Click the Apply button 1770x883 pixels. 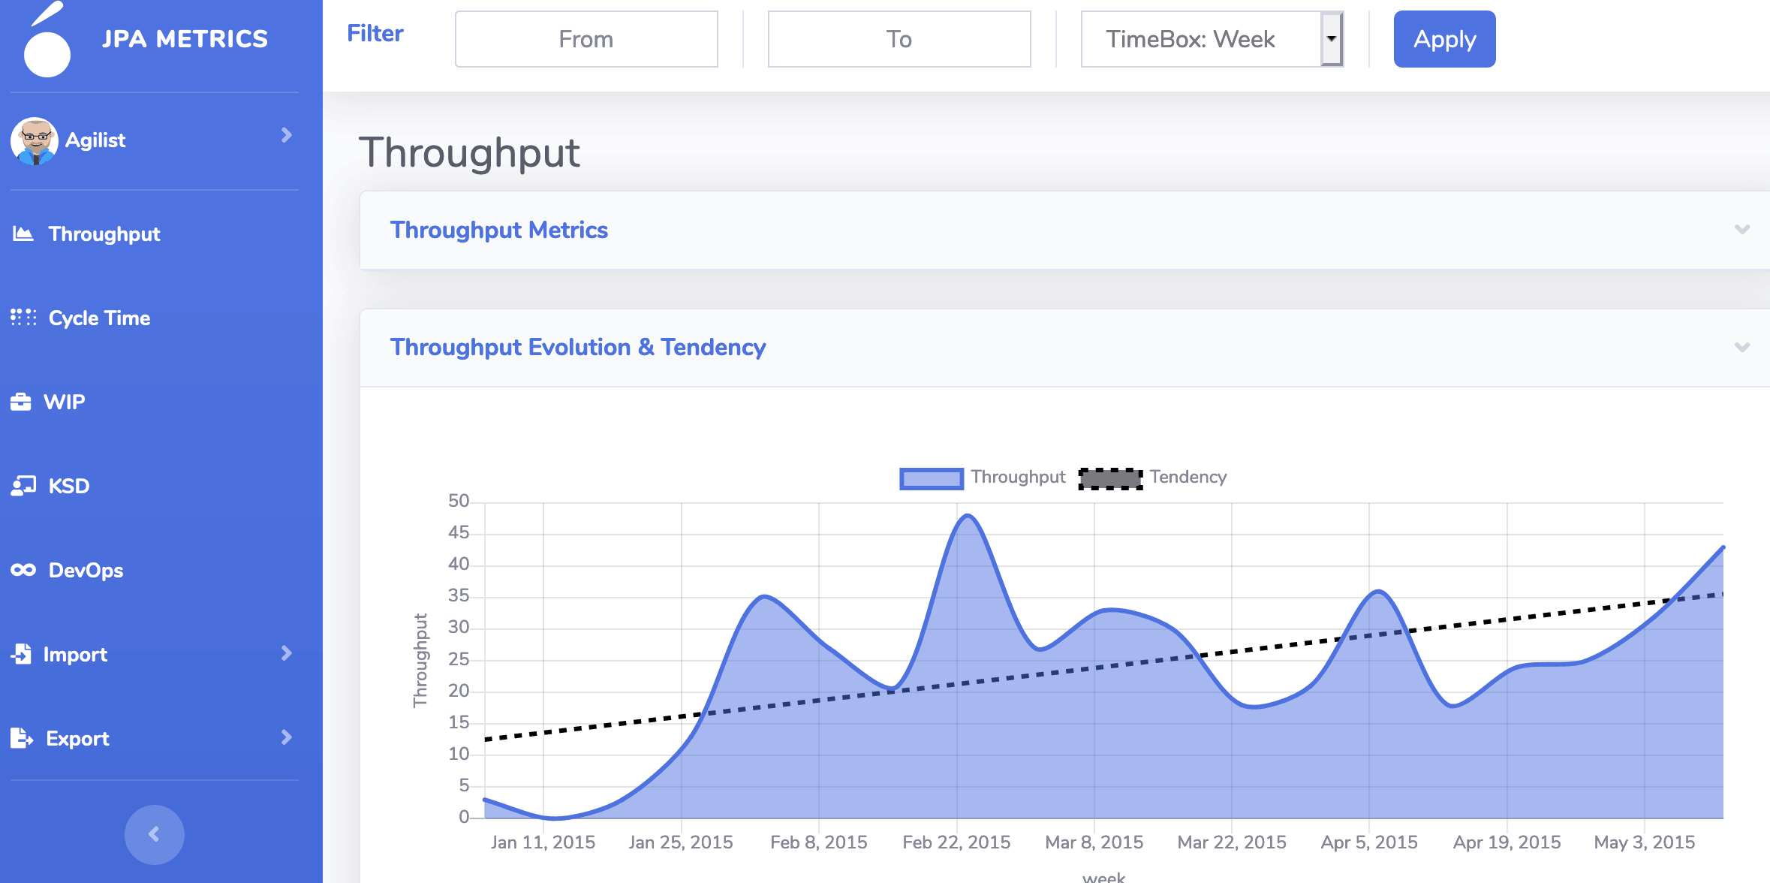(x=1443, y=39)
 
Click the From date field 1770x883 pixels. (x=586, y=39)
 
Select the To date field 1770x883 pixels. (x=899, y=39)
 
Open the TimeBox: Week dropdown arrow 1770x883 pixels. (x=1331, y=39)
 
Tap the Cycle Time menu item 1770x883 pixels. (x=99, y=318)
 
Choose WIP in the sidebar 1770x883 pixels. (x=64, y=402)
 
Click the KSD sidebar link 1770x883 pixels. (x=68, y=487)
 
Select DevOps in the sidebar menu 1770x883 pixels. (x=86, y=571)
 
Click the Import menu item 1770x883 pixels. (x=75, y=655)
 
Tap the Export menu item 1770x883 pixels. (x=77, y=739)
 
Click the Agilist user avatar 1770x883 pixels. (x=35, y=140)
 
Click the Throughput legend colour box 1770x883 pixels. (x=931, y=478)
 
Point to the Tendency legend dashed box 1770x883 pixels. (x=1110, y=478)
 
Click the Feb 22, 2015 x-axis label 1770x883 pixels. (x=956, y=842)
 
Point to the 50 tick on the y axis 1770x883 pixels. (x=458, y=502)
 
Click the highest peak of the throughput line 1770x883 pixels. (x=968, y=516)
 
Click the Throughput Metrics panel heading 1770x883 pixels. (x=498, y=231)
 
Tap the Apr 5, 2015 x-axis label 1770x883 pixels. (x=1369, y=842)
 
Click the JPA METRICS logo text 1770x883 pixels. (x=185, y=39)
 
